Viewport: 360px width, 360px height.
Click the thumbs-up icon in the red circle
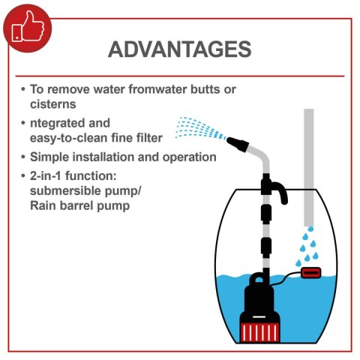point(28,27)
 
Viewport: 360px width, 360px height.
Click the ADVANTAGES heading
point(179,49)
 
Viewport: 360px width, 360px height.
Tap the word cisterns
point(53,104)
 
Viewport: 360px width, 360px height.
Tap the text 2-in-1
point(46,176)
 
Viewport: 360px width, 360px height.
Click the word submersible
point(65,191)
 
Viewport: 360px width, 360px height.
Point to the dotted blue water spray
point(200,128)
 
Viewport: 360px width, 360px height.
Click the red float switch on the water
point(311,273)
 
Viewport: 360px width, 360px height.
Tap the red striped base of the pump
point(259,332)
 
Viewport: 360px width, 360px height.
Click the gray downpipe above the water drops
point(309,167)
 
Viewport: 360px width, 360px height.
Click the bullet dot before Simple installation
point(23,157)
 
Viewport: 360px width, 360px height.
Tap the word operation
point(190,157)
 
